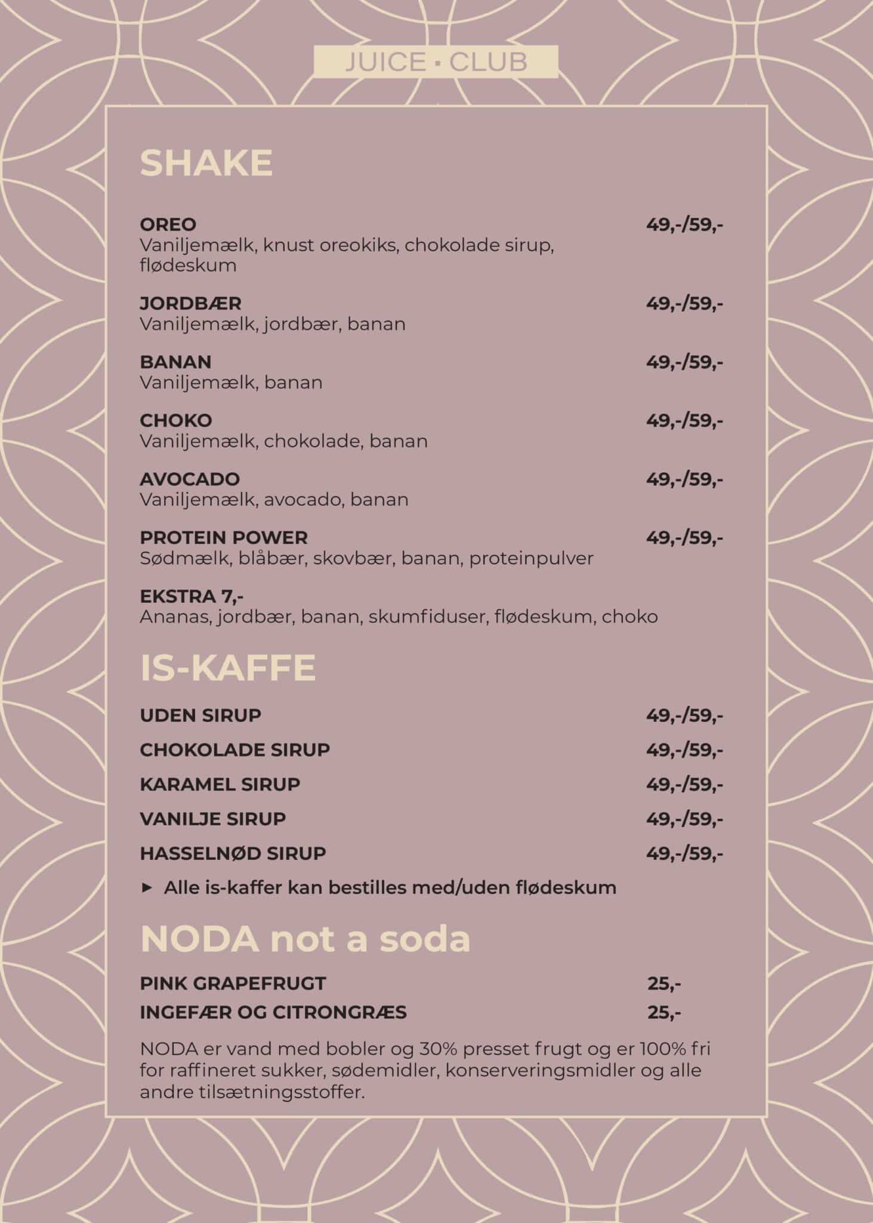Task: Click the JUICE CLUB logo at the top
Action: pos(436,62)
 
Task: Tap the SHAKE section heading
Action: pos(206,163)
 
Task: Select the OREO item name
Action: pos(168,225)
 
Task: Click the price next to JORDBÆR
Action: pos(684,303)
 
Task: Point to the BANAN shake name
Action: pos(175,362)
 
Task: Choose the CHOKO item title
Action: pos(175,420)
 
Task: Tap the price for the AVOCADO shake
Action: pos(684,479)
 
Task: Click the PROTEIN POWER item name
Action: pos(223,537)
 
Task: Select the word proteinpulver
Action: pos(531,558)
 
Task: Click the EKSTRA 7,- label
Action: pos(192,596)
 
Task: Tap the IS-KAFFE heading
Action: pos(227,668)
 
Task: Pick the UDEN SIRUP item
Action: pos(200,715)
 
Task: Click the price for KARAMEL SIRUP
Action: pos(684,784)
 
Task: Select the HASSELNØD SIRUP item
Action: pos(233,853)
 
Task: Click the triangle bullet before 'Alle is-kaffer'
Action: pos(147,888)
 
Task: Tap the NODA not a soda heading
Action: pos(305,939)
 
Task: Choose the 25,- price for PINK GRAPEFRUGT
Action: pos(664,984)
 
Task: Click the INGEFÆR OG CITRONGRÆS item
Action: pos(273,1013)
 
